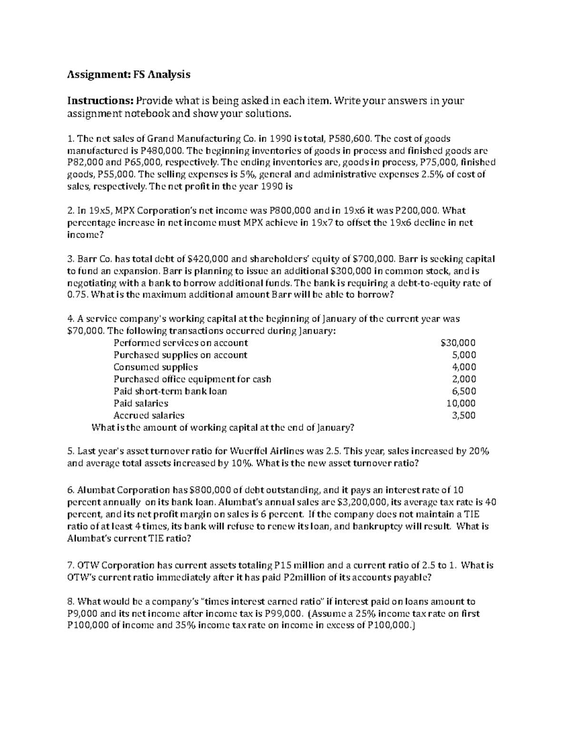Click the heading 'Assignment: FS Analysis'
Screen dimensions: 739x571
click(128, 74)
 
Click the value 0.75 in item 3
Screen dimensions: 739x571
click(77, 295)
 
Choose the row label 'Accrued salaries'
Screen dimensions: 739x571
click(149, 415)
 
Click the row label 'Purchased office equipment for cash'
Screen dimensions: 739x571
click(192, 379)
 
